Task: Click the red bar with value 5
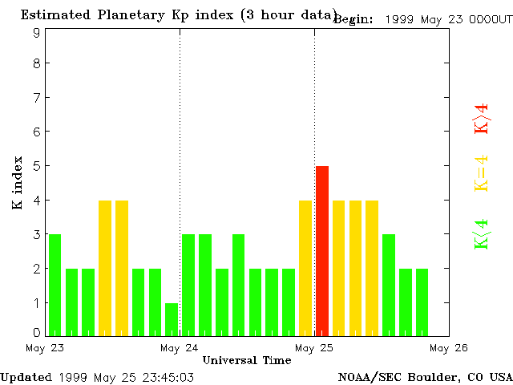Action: (x=322, y=250)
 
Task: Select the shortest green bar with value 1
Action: (x=172, y=319)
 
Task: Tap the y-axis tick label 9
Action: (x=37, y=33)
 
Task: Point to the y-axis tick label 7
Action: (x=37, y=97)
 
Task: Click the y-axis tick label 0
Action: (x=37, y=331)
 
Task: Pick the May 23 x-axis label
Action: (x=44, y=347)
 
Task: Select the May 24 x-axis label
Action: (x=180, y=347)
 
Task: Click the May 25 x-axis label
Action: (x=314, y=347)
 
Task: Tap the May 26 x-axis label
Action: (x=449, y=347)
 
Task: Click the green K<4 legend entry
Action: (x=482, y=234)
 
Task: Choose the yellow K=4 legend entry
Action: (x=482, y=174)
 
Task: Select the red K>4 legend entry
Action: (x=482, y=118)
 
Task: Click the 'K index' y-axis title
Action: (x=17, y=183)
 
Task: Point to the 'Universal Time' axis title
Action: (x=246, y=361)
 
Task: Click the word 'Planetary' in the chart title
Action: (x=143, y=15)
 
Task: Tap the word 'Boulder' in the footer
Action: (x=431, y=377)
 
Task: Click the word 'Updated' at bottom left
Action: (x=26, y=377)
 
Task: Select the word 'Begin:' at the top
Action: (x=353, y=19)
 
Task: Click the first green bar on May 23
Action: (x=55, y=285)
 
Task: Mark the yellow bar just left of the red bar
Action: (x=305, y=267)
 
